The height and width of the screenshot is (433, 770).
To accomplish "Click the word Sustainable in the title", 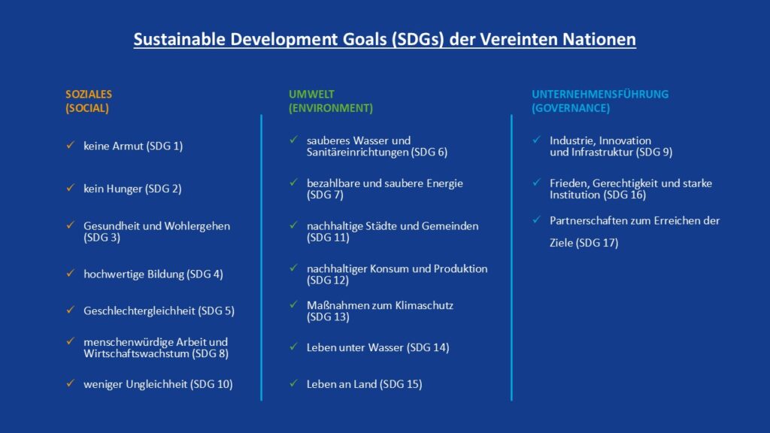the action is coord(179,39).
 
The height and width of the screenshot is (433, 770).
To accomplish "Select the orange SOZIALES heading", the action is coord(89,94).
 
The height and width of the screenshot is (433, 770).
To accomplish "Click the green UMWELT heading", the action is coord(311,94).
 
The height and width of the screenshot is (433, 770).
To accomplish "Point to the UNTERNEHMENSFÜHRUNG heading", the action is coord(600,94).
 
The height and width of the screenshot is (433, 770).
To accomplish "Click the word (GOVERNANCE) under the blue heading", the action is coord(571,108).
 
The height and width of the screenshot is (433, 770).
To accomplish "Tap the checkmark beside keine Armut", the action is coord(71,145).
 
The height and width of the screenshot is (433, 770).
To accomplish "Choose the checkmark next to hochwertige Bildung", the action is coord(71,273).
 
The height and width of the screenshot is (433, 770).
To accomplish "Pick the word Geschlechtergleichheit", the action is coord(139,310).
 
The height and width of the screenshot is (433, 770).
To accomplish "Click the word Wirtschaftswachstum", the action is coord(136,353).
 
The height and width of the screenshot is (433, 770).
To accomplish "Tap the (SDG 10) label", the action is coord(211,384).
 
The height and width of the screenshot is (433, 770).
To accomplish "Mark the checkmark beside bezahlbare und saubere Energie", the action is coord(294,182).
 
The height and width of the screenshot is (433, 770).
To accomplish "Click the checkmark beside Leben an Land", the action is coord(294,383).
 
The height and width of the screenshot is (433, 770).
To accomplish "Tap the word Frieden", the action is coord(569,183).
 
